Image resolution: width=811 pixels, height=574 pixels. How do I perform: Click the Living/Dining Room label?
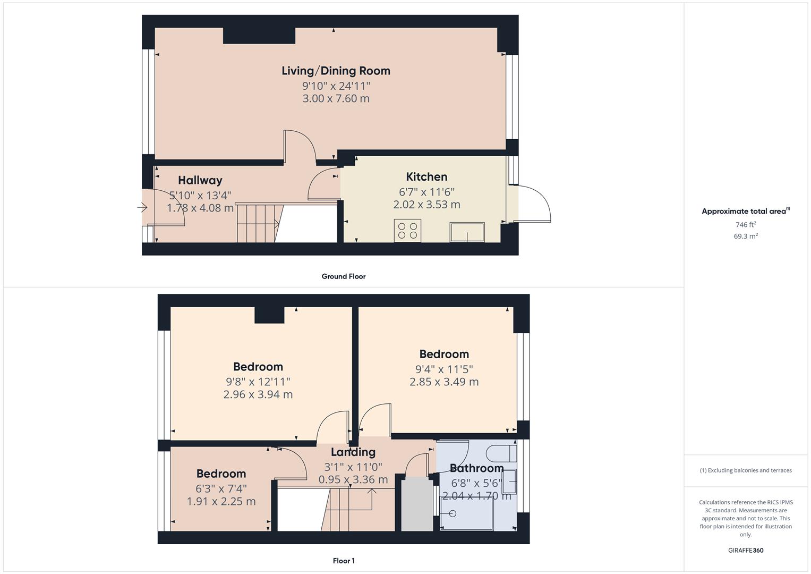(336, 71)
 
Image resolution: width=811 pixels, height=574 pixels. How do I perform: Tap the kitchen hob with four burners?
(407, 231)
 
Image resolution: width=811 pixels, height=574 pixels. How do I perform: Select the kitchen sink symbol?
(467, 232)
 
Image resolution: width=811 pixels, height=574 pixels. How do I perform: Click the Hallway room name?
(200, 180)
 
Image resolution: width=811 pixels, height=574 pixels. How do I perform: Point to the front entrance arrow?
(142, 208)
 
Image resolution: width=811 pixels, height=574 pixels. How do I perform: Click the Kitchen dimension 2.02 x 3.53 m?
(426, 205)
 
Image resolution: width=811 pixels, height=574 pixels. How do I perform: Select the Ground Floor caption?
(344, 276)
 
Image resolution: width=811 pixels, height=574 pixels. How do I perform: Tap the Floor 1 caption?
(344, 561)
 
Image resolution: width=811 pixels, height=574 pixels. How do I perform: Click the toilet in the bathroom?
(501, 453)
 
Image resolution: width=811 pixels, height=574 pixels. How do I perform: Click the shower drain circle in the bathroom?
(453, 513)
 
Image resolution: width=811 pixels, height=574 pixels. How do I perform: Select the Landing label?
(353, 452)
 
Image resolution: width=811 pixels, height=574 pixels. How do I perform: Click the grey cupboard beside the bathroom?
(417, 504)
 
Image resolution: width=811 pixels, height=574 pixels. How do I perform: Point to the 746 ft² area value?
(746, 225)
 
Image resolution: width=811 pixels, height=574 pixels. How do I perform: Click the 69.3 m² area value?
(746, 236)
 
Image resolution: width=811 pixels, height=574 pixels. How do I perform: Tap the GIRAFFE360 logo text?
(746, 550)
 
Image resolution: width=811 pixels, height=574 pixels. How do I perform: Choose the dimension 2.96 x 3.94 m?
(258, 394)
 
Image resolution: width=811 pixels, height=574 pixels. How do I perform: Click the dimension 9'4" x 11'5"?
(444, 369)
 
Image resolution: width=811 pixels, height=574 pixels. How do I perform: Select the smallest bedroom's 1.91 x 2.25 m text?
(221, 501)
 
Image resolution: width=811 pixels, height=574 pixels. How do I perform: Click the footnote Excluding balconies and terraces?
(746, 470)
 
